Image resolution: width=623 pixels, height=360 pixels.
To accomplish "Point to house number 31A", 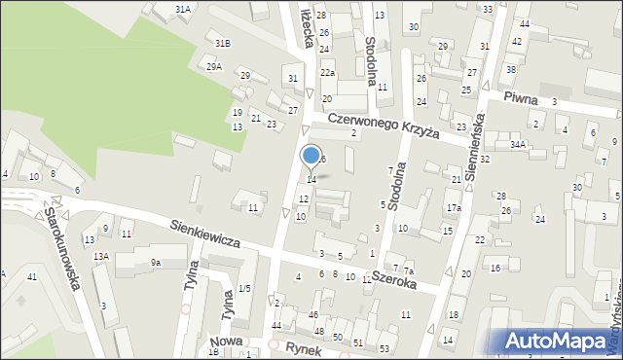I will [x=183, y=9].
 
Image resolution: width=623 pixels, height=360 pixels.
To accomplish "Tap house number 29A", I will [x=214, y=66].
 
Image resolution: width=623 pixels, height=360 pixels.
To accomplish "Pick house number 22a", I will [x=328, y=73].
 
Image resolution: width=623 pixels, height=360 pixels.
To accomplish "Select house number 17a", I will [x=454, y=208].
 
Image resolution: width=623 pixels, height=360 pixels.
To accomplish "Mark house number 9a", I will [x=155, y=262].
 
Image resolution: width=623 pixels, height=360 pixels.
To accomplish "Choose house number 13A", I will [x=100, y=257].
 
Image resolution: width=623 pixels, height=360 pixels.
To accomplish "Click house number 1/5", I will [x=245, y=288].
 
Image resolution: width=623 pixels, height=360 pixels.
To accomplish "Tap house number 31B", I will [x=223, y=43].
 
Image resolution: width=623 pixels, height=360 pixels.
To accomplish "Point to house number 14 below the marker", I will [x=311, y=179].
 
